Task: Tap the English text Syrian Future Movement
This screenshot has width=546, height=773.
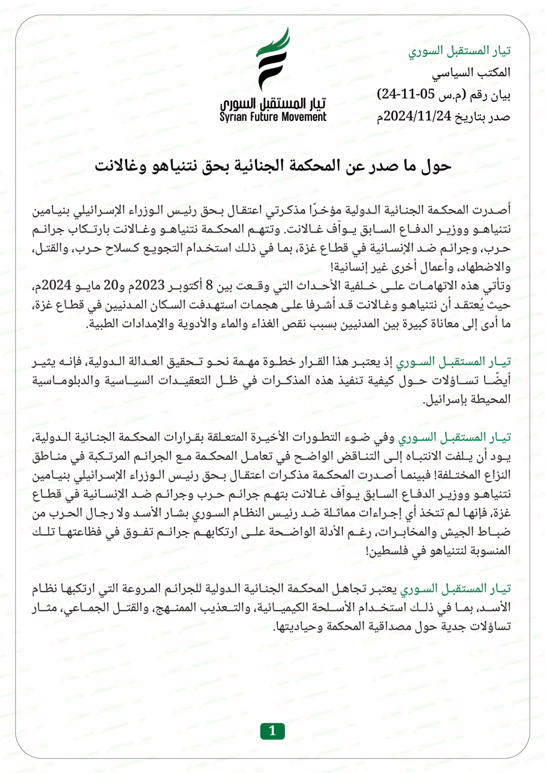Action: click(273, 117)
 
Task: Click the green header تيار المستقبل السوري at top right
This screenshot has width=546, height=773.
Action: click(459, 51)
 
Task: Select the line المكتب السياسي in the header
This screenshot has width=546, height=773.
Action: click(471, 73)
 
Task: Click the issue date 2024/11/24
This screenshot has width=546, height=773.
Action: click(417, 116)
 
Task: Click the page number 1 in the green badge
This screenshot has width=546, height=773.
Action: click(272, 731)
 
